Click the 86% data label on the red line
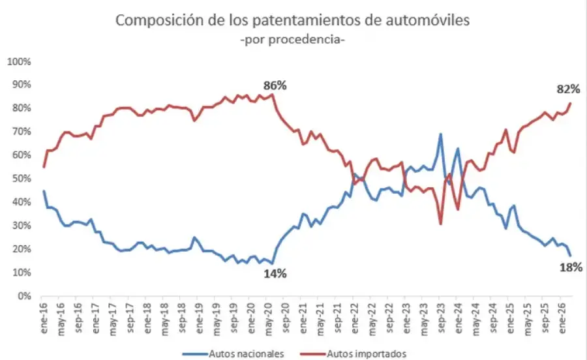(275, 85)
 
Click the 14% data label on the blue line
(275, 274)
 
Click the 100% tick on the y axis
(19, 61)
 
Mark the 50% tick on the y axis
(21, 179)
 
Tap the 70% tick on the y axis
(21, 132)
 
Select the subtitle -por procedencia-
(292, 40)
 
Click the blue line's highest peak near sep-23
(441, 134)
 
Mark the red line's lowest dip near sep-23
(441, 224)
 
